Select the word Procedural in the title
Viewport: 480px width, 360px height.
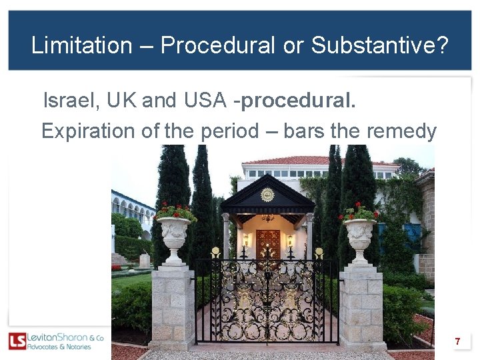[217, 45]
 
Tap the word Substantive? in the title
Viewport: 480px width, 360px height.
[379, 45]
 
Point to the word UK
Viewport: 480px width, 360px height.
[120, 101]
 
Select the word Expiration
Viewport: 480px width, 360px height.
[91, 131]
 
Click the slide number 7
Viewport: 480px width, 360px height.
[457, 341]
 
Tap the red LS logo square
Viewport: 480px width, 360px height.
[17, 341]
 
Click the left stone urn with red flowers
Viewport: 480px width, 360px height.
[175, 233]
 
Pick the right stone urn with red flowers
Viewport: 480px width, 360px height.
[359, 233]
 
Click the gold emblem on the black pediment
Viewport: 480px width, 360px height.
[267, 195]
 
